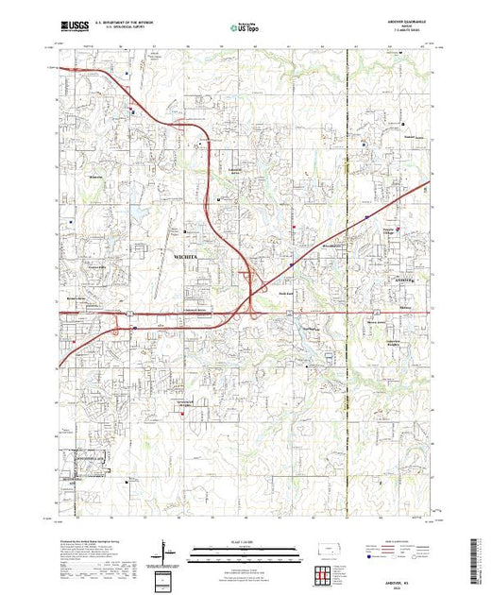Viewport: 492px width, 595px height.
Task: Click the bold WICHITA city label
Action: click(188, 256)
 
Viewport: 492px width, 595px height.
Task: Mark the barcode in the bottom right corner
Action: click(476, 557)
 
